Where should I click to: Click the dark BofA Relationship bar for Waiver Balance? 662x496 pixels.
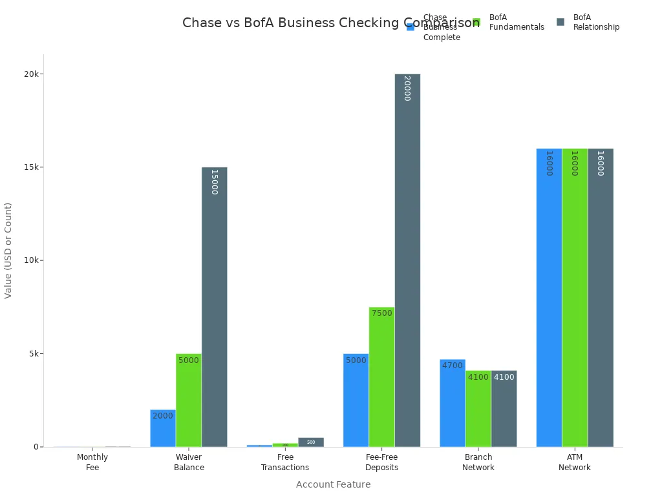click(214, 310)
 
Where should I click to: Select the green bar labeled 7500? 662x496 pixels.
click(381, 381)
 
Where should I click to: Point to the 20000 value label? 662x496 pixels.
click(407, 88)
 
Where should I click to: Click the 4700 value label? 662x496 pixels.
click(453, 366)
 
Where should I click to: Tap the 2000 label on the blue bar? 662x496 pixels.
click(163, 416)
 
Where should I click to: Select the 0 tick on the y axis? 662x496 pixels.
click(37, 447)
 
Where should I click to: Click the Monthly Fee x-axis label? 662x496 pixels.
click(92, 462)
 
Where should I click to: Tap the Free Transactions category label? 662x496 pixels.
click(285, 462)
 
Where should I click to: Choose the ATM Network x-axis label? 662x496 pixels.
click(575, 462)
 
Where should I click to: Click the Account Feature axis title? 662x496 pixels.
click(333, 484)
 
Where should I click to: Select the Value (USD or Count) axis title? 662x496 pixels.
click(8, 251)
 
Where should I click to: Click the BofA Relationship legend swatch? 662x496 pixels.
click(561, 22)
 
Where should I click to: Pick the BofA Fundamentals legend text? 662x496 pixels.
click(517, 22)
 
